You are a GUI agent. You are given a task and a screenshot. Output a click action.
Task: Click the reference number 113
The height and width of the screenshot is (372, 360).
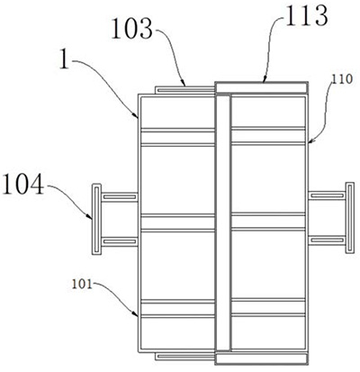(306, 15)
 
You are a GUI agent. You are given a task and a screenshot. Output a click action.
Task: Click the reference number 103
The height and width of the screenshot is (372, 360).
(132, 29)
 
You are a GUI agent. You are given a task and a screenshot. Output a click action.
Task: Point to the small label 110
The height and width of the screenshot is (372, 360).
(342, 79)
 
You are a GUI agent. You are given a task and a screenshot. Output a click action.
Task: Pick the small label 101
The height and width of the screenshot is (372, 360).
(82, 284)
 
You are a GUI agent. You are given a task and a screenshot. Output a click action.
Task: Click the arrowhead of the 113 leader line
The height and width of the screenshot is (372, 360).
(264, 80)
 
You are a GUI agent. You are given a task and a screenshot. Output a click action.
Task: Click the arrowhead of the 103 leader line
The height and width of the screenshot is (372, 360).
(183, 84)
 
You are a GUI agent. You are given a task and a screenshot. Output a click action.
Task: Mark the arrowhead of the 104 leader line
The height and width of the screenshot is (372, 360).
(89, 216)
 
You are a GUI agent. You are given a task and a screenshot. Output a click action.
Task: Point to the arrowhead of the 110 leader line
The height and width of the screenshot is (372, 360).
(310, 141)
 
